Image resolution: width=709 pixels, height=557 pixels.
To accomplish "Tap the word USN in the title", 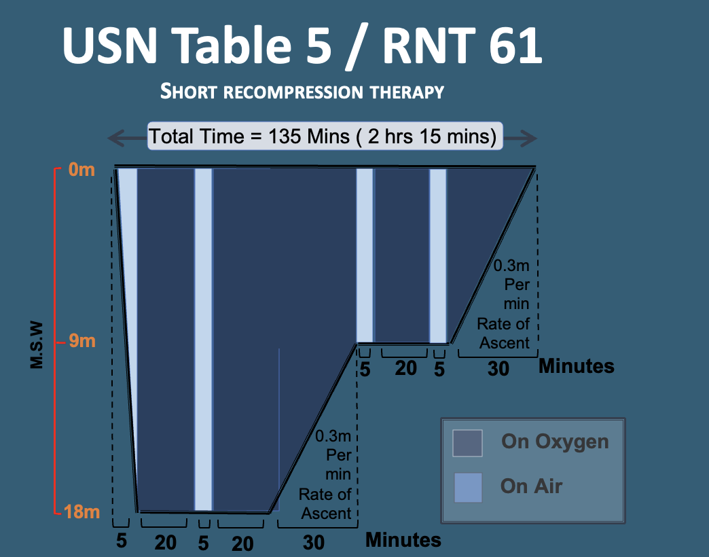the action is [x=110, y=46].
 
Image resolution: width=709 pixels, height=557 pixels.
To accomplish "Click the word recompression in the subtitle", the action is [x=293, y=92].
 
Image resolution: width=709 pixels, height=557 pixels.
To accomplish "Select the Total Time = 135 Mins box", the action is [x=325, y=136].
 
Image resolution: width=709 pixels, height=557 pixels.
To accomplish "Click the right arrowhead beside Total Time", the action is [x=527, y=138].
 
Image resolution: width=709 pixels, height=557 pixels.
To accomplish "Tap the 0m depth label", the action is [x=82, y=170].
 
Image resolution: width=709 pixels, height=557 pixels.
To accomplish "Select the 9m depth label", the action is [x=82, y=341].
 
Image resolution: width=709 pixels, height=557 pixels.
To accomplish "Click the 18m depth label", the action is [x=82, y=511].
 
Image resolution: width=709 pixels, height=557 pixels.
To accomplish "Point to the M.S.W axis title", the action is [x=37, y=345].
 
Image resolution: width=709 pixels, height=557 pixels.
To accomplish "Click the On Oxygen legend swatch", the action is [x=467, y=443].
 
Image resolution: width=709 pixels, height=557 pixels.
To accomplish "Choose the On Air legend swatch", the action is [x=468, y=488].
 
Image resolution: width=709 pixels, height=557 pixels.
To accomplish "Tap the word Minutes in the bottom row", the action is [x=403, y=540].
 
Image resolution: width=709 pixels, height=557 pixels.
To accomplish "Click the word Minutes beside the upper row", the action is [x=577, y=365].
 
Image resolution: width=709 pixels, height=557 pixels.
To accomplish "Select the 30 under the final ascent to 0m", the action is [x=498, y=369].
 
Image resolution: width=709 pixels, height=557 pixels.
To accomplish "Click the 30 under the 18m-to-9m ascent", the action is [x=313, y=543].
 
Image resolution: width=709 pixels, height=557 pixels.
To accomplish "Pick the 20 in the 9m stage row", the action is [x=405, y=368].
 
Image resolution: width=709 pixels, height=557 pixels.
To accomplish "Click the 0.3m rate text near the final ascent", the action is [x=511, y=266].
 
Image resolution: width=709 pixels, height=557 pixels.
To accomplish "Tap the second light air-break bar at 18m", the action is [x=203, y=340].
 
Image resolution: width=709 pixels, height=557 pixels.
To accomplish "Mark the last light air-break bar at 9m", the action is [x=438, y=256].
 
